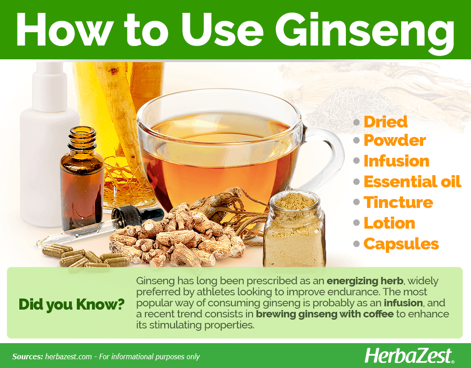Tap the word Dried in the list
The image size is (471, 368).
tap(385, 122)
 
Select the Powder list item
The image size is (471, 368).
tap(395, 141)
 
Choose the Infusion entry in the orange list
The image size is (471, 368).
tap(396, 161)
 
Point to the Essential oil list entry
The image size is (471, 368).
tap(413, 181)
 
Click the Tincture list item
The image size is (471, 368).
tap(398, 202)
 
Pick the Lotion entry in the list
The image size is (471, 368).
tap(389, 223)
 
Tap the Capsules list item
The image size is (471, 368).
tap(401, 244)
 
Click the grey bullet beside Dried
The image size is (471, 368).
tap(356, 122)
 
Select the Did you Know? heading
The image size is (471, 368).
tap(71, 304)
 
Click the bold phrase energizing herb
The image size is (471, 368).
tap(365, 281)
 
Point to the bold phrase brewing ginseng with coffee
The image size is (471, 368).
tap(324, 314)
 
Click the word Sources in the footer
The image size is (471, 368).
tap(28, 356)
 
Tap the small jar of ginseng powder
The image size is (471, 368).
tap(295, 230)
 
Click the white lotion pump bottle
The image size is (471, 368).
tap(47, 144)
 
